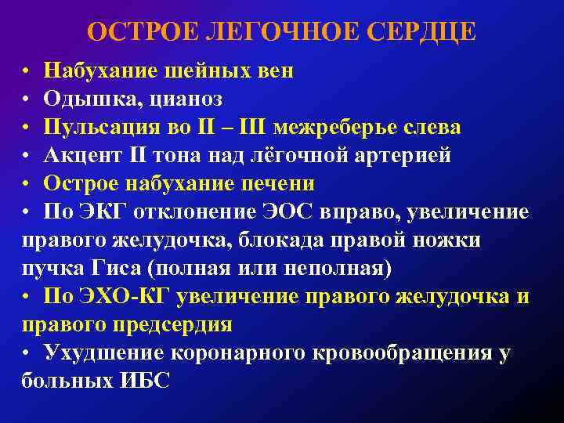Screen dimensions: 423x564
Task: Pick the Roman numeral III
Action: [x=251, y=127]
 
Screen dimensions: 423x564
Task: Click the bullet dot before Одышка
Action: [x=26, y=99]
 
